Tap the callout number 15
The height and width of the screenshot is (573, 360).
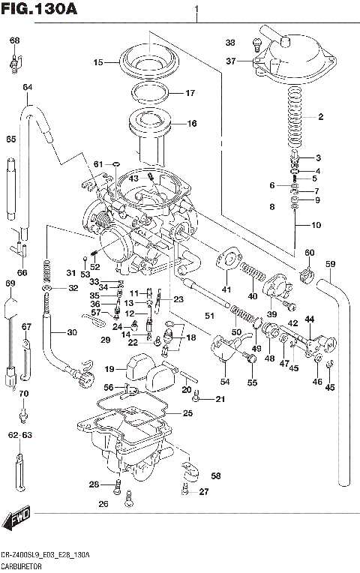pyautogui.click(x=97, y=63)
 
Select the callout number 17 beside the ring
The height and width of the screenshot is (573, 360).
pyautogui.click(x=190, y=93)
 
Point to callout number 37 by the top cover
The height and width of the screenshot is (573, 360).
pyautogui.click(x=231, y=61)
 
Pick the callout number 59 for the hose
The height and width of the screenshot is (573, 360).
pyautogui.click(x=330, y=263)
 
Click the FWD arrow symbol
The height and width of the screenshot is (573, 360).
pyautogui.click(x=17, y=520)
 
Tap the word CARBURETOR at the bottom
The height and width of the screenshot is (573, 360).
pyautogui.click(x=22, y=567)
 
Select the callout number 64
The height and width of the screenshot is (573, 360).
pyautogui.click(x=28, y=88)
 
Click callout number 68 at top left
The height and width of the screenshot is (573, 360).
pyautogui.click(x=15, y=40)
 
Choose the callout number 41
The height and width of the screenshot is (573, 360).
pyautogui.click(x=226, y=289)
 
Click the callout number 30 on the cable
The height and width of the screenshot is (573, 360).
pyautogui.click(x=71, y=333)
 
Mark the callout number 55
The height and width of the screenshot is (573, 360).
pyautogui.click(x=252, y=382)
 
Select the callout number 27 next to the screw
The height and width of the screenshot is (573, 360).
pyautogui.click(x=205, y=492)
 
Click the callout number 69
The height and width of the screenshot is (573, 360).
pyautogui.click(x=10, y=283)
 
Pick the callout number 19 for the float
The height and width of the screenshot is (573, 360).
pyautogui.click(x=109, y=369)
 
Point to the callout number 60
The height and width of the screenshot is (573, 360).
pyautogui.click(x=309, y=253)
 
